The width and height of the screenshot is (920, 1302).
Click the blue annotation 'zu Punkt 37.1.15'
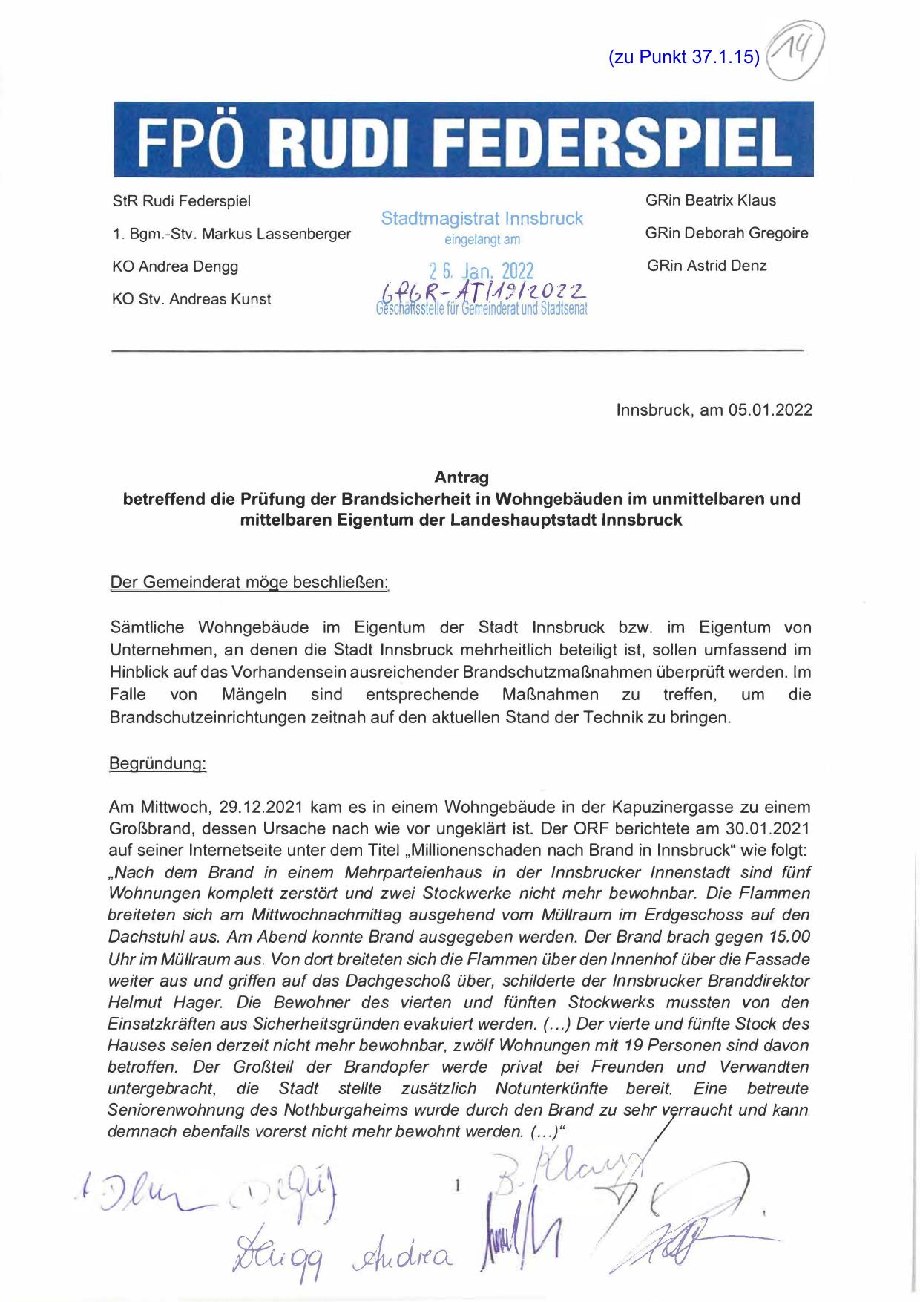click(x=683, y=57)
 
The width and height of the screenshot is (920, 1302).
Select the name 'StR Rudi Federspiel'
click(x=181, y=201)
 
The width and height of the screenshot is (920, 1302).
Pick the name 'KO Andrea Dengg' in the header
click(x=175, y=266)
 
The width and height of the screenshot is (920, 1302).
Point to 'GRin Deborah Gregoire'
click(x=726, y=233)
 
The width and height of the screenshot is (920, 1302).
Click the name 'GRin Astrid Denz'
click(x=706, y=266)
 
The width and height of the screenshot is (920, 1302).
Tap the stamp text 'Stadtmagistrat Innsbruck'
click(x=482, y=219)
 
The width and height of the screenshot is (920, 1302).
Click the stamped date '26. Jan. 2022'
click(x=482, y=271)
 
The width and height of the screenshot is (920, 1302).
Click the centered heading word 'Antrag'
click(x=461, y=477)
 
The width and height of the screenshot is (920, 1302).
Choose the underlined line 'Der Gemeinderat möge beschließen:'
click(x=249, y=583)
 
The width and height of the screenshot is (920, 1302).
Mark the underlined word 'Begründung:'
click(x=157, y=764)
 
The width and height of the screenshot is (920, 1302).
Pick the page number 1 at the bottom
click(x=457, y=1186)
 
